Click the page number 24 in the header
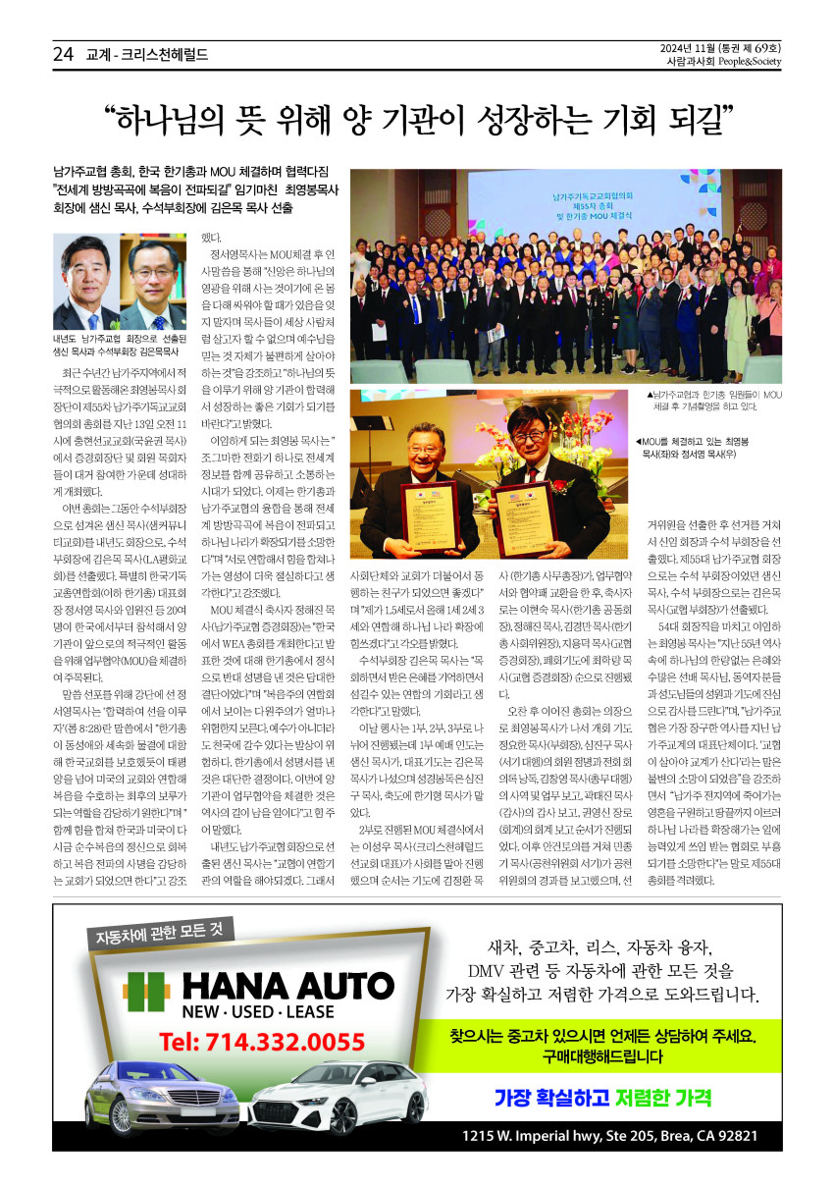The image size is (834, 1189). [64, 55]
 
